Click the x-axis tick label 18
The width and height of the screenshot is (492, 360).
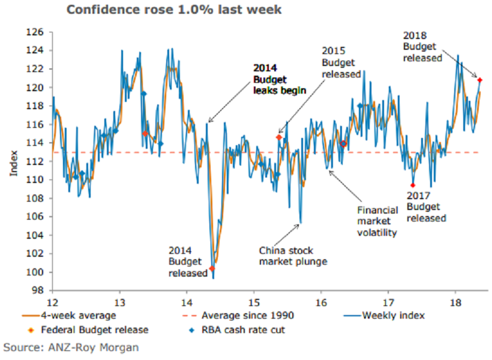point(455,301)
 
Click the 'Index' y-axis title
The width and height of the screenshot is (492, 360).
point(13,161)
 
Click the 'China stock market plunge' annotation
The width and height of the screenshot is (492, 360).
point(293,256)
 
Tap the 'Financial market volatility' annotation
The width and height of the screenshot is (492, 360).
point(377,221)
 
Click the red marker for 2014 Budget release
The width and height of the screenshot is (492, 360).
point(212,268)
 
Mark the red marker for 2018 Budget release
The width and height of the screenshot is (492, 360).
point(480,79)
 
